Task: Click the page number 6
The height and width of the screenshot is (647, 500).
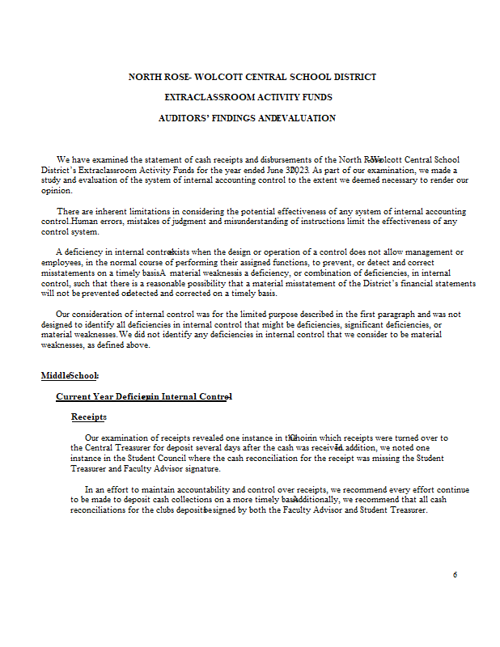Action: (x=455, y=575)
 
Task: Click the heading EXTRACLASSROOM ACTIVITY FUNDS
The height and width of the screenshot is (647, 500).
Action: (x=248, y=97)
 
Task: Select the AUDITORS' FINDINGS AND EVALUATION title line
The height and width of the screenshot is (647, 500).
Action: (x=247, y=118)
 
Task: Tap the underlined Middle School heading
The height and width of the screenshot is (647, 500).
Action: (x=70, y=375)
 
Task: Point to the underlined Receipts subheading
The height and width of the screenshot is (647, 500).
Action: (x=88, y=417)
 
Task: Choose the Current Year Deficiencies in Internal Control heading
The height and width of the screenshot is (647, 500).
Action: (x=144, y=396)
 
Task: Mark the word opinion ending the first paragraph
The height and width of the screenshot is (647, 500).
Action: (x=56, y=191)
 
